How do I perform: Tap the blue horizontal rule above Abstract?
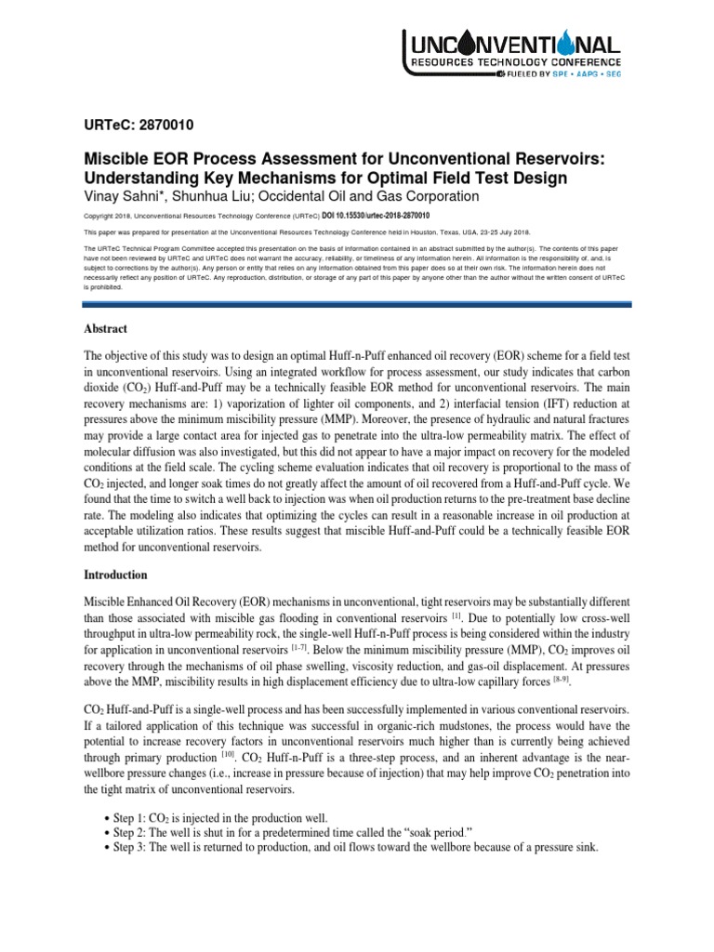[357, 303]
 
